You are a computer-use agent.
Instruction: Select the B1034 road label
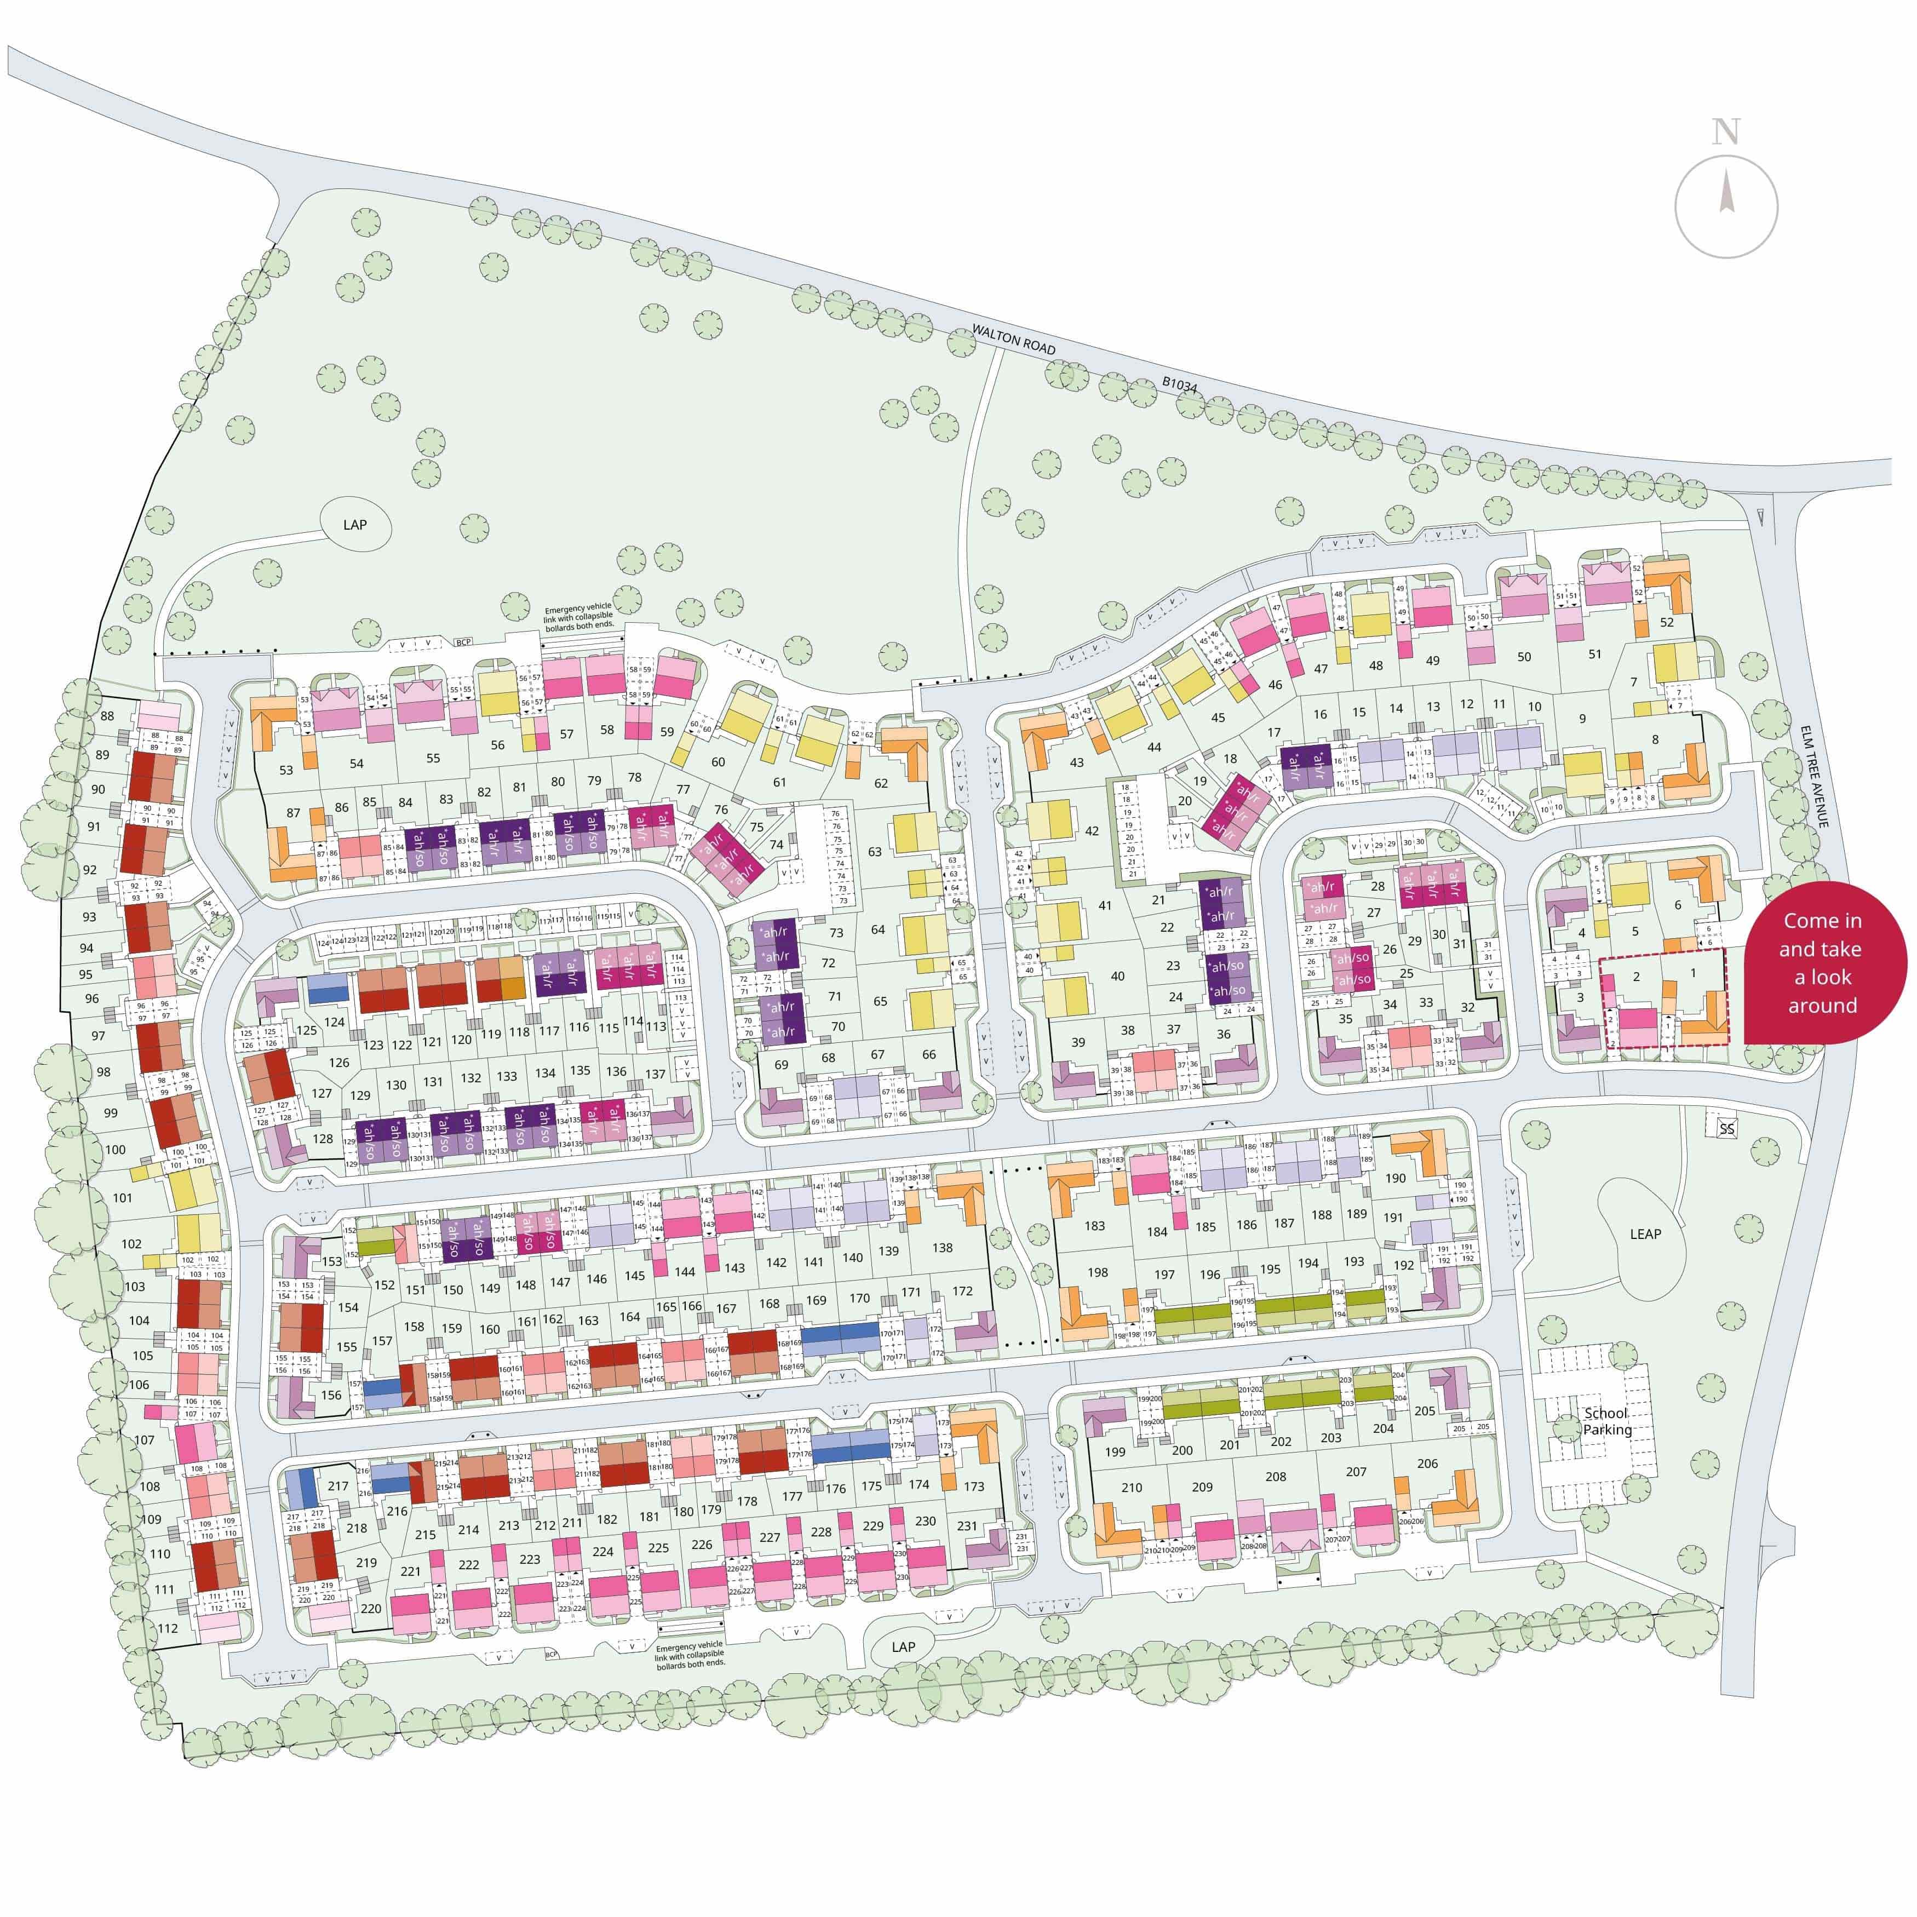(1181, 393)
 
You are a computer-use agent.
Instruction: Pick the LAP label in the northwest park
(354, 525)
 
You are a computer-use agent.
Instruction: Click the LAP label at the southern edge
(903, 1646)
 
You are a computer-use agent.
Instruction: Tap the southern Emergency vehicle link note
(690, 1654)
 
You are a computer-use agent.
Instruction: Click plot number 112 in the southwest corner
(168, 1627)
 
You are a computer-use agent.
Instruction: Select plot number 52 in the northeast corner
(1666, 622)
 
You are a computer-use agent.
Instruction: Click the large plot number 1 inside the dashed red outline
(1694, 972)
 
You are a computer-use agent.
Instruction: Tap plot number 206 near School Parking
(1427, 1462)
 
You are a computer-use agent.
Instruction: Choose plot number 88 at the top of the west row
(107, 715)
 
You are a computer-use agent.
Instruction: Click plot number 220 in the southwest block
(370, 1609)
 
